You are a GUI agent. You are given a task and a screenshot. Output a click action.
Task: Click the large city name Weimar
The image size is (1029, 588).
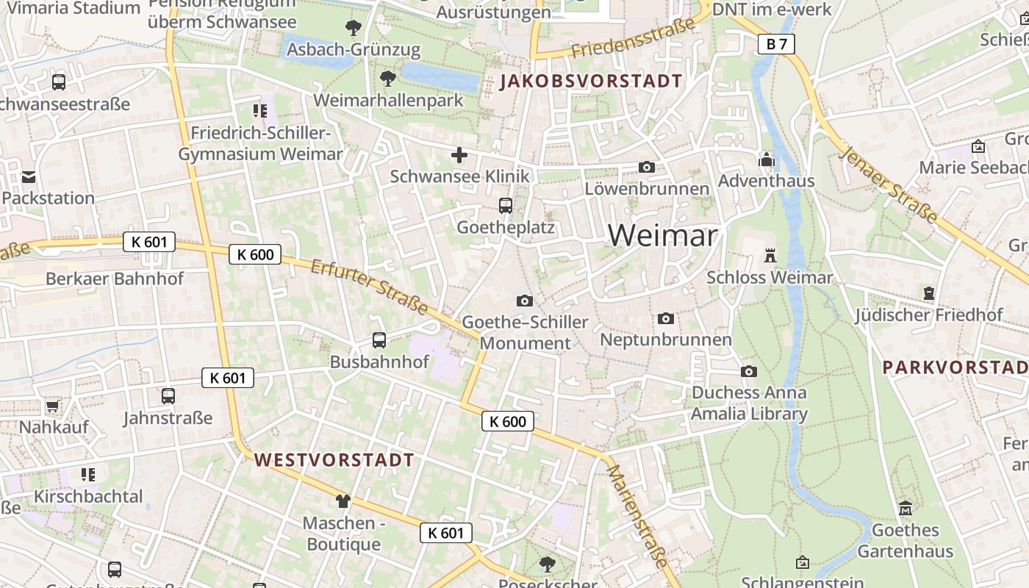[x=662, y=235]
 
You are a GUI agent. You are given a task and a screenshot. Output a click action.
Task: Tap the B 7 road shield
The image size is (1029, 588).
[x=776, y=44]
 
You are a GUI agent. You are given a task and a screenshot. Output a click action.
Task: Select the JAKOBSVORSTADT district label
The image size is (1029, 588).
[x=591, y=81]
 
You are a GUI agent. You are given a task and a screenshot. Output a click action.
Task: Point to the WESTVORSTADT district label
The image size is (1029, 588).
[x=334, y=461]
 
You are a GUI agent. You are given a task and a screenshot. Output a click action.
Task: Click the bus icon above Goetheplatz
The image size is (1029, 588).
[x=505, y=206]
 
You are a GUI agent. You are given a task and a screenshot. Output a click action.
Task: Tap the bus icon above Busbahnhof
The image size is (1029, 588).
[x=379, y=340]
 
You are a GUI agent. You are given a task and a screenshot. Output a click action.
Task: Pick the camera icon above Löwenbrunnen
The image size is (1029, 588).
[x=647, y=168]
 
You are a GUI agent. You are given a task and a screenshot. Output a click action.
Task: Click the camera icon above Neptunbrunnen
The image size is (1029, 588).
[x=666, y=318]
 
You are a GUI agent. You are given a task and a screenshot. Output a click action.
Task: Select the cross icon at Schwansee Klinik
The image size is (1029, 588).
[x=459, y=155]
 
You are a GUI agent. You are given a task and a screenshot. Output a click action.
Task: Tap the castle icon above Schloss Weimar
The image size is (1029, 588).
[x=770, y=256]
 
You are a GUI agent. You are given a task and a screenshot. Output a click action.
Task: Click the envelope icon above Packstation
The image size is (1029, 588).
[x=29, y=177]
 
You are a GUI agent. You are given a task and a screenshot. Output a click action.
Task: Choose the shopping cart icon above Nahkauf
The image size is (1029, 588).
[x=52, y=406]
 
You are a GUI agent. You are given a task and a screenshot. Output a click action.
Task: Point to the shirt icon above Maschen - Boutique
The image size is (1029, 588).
[x=343, y=501]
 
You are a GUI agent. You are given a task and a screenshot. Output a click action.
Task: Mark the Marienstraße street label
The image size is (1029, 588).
[x=637, y=515]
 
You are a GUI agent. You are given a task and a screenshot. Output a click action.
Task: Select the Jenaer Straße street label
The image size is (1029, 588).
[x=889, y=184]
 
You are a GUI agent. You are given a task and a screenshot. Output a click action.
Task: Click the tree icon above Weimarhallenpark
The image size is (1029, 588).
[x=387, y=79]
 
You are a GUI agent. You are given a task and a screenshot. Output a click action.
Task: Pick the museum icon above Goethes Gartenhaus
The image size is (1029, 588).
[x=906, y=509]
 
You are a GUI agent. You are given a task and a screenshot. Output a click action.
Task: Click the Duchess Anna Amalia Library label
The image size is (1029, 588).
[x=749, y=403]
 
